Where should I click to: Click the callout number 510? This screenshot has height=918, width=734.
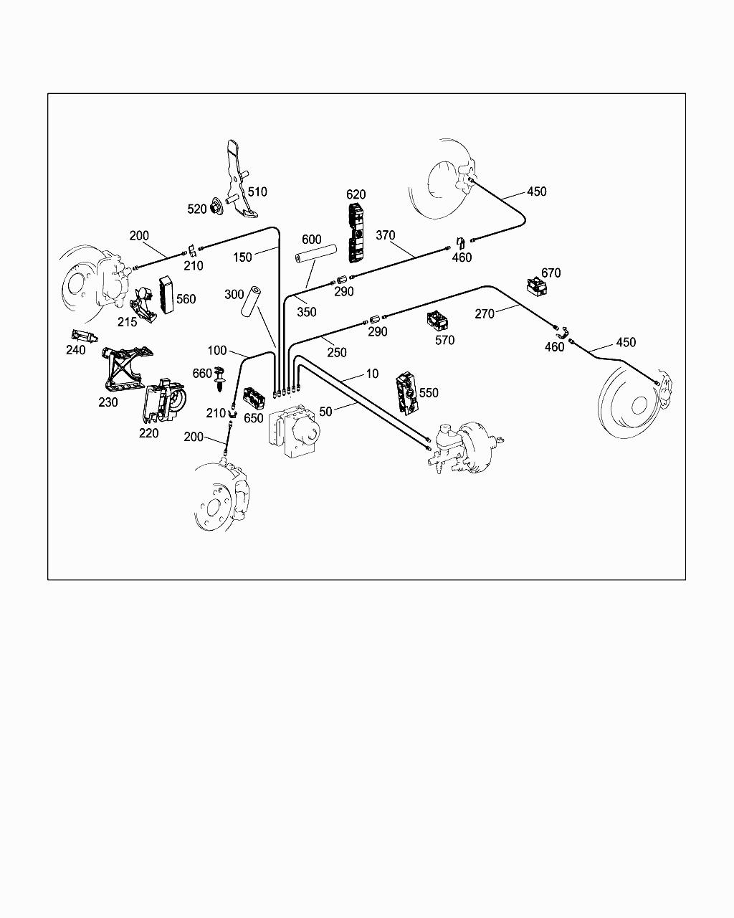pyautogui.click(x=257, y=191)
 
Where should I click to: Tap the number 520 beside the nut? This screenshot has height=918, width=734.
pyautogui.click(x=196, y=209)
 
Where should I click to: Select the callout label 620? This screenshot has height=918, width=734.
pyautogui.click(x=356, y=194)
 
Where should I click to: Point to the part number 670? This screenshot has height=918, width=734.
pyautogui.click(x=550, y=273)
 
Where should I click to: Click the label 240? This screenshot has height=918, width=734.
pyautogui.click(x=75, y=350)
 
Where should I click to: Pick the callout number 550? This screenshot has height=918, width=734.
pyautogui.click(x=429, y=393)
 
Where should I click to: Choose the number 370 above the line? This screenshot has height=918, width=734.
pyautogui.click(x=386, y=235)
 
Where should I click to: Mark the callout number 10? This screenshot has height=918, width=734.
pyautogui.click(x=372, y=374)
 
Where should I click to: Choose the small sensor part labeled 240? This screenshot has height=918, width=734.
pyautogui.click(x=83, y=336)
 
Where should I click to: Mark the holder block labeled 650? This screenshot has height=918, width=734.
pyautogui.click(x=253, y=397)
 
